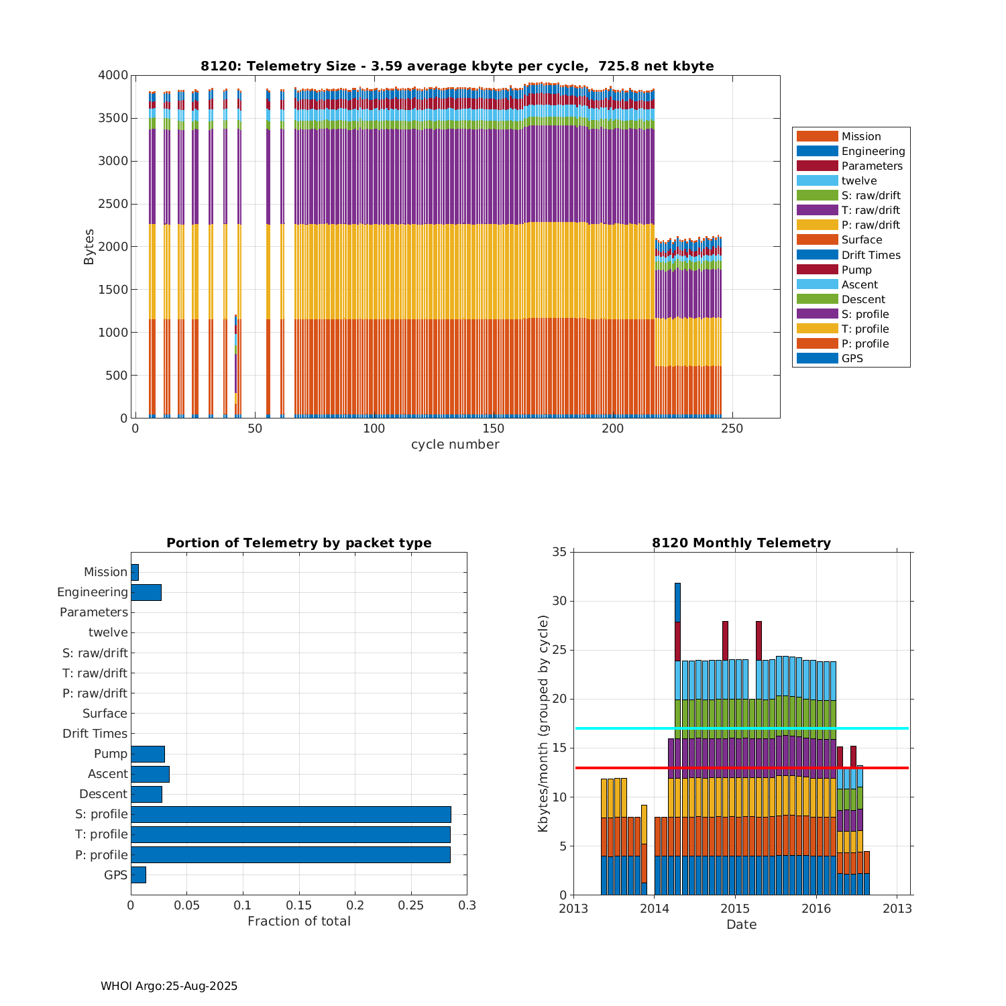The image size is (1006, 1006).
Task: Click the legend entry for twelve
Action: (x=858, y=181)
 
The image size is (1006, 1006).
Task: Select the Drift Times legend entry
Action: (x=871, y=255)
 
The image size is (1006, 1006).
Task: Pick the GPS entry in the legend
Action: (x=852, y=359)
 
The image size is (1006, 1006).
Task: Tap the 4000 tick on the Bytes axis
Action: (x=113, y=75)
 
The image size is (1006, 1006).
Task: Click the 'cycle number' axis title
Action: (x=455, y=445)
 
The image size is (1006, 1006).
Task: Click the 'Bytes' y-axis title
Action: (x=89, y=247)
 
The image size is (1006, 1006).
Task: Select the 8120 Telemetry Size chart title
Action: (x=457, y=66)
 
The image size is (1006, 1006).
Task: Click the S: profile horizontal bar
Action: (x=290, y=814)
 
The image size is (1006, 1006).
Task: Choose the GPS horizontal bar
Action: (x=138, y=875)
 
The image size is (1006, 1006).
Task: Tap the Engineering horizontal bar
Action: (x=146, y=592)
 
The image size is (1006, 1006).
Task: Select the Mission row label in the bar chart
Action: (x=105, y=572)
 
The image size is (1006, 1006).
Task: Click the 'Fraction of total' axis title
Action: (x=298, y=921)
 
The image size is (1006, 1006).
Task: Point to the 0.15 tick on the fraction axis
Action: (x=298, y=905)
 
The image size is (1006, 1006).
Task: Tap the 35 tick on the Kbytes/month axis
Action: (x=559, y=553)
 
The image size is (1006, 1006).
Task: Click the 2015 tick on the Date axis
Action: (x=735, y=909)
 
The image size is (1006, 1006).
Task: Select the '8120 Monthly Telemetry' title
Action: (x=741, y=543)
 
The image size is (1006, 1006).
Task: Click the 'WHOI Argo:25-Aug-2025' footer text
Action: (x=169, y=986)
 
